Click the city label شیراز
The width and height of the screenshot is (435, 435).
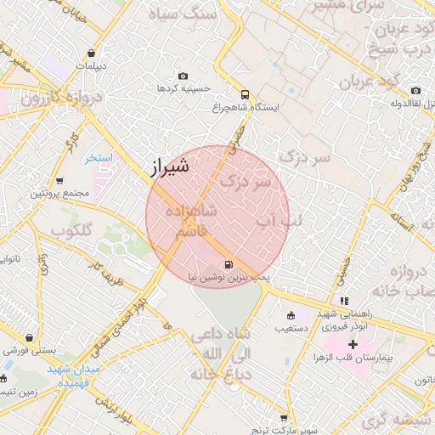[170, 167]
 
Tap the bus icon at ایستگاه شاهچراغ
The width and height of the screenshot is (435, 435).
[246, 94]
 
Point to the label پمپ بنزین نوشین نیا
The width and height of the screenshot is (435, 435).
[229, 278]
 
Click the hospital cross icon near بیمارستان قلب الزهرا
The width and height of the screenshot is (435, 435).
[352, 345]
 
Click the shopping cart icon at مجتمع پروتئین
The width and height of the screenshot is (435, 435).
[59, 181]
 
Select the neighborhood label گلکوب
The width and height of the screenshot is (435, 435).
[71, 230]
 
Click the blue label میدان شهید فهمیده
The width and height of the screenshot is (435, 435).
[74, 376]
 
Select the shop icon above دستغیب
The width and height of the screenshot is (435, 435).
[291, 314]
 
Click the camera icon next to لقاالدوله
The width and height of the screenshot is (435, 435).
[415, 91]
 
